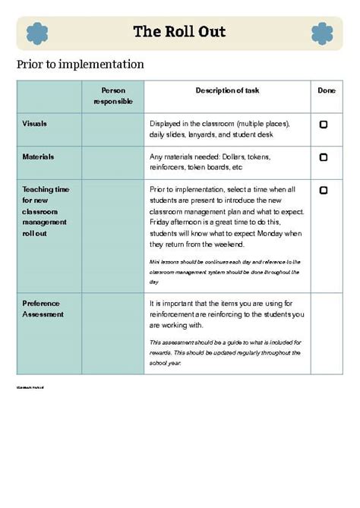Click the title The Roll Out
click(179, 32)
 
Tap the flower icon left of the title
click(37, 33)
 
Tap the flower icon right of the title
click(322, 33)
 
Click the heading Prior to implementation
click(80, 64)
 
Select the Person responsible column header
click(112, 96)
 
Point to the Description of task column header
click(227, 90)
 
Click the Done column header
click(326, 90)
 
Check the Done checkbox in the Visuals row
click(324, 124)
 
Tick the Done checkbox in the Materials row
click(324, 157)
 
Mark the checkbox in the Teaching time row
click(324, 191)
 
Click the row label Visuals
click(35, 123)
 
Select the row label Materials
click(38, 156)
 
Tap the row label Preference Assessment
click(43, 308)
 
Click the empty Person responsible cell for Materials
click(112, 162)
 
